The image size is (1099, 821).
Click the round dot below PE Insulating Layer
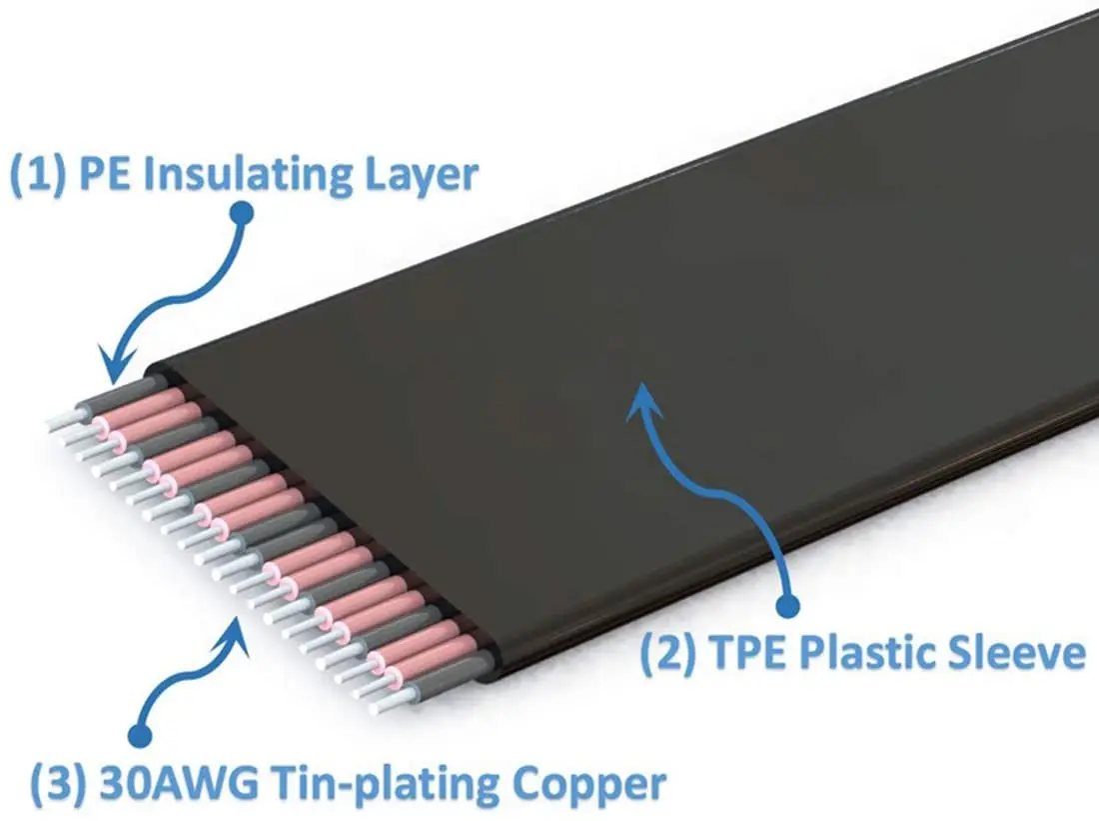(241, 212)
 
